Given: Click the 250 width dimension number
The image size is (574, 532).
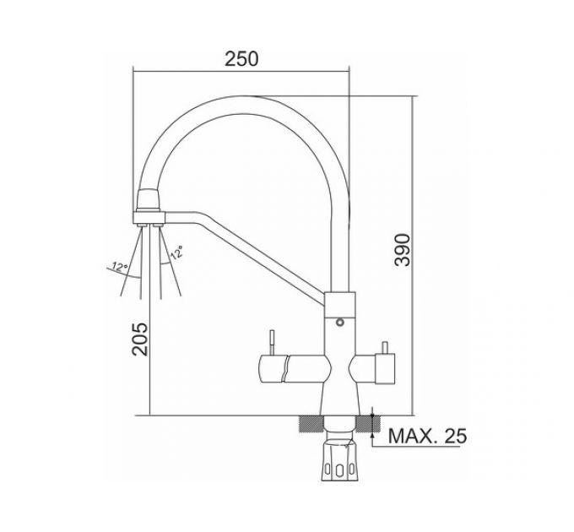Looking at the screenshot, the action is point(241,58).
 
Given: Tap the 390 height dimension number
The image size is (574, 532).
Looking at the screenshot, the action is point(403,250).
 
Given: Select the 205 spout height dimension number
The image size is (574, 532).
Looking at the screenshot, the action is point(140,339).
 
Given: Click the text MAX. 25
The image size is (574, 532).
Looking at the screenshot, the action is point(427,436).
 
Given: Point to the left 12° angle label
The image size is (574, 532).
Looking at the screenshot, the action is point(120,266).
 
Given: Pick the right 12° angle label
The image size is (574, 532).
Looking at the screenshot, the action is point(177,252).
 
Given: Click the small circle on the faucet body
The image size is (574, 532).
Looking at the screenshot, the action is point(340,323).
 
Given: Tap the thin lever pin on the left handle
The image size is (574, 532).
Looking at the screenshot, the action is point(273,342).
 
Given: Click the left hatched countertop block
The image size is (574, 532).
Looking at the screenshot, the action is point(311,424).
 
